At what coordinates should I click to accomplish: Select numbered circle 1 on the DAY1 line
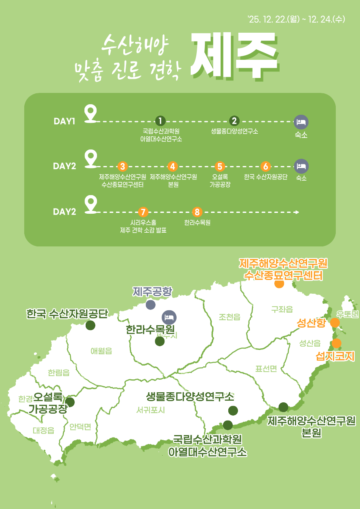point(160,121)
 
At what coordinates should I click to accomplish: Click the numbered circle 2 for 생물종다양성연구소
point(234,121)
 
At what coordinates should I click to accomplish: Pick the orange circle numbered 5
point(220,166)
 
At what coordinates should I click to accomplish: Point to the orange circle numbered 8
point(197,212)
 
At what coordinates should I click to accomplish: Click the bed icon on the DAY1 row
point(301,122)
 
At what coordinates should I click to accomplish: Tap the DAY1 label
point(64,121)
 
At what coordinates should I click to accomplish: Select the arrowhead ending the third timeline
point(297,212)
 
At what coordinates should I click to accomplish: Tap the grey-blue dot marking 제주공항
point(151,305)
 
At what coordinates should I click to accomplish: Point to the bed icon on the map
point(169,318)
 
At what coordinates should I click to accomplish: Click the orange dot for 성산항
point(335,323)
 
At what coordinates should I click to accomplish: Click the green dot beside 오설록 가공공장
point(70,402)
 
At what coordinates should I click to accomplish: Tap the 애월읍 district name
point(101,351)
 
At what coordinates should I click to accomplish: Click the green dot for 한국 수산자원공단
point(91,325)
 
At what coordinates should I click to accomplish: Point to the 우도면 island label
point(347,314)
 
